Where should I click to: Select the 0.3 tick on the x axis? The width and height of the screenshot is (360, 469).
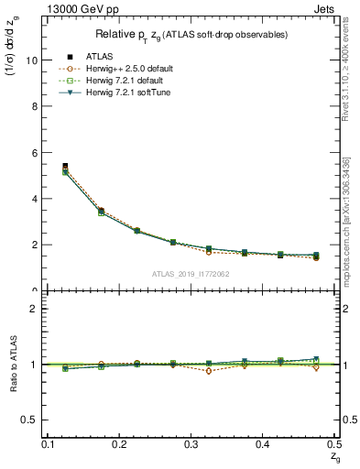(x=191, y=444)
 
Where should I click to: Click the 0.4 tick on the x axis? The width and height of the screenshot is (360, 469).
(x=262, y=444)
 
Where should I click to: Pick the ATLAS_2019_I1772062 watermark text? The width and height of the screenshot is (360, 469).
(x=190, y=274)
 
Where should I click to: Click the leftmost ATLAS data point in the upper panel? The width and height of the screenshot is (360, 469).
(x=65, y=166)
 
